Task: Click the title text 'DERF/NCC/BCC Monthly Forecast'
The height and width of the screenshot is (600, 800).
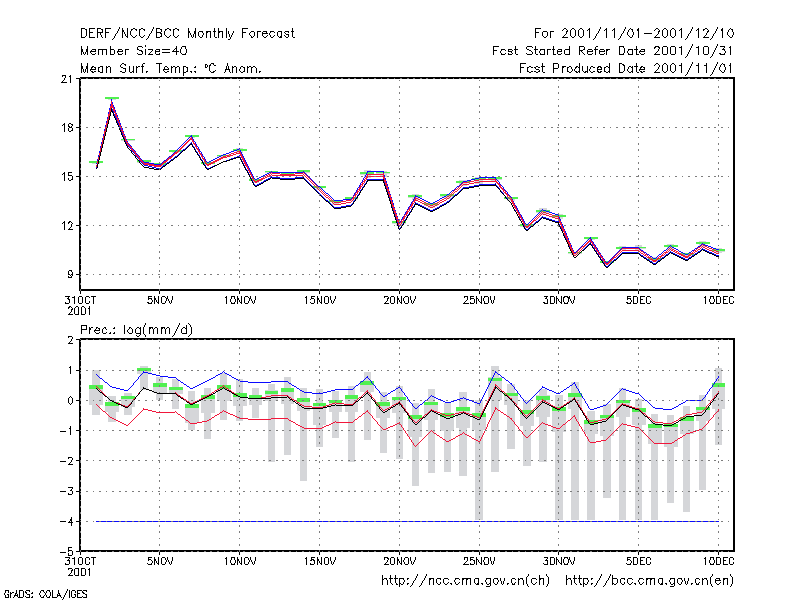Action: click(187, 34)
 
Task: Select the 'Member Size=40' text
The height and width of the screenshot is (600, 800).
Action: click(134, 51)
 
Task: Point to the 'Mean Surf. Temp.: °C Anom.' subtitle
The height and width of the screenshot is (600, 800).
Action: click(170, 68)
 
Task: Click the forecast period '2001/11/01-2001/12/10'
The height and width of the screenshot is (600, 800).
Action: click(647, 34)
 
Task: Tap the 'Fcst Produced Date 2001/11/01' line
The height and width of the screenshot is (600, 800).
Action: click(626, 68)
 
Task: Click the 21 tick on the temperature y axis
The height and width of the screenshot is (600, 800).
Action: click(67, 79)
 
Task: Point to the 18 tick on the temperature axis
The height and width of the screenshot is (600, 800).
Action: click(67, 128)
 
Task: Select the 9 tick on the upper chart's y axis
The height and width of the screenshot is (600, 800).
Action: click(70, 274)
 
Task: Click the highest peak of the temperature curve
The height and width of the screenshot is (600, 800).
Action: click(112, 103)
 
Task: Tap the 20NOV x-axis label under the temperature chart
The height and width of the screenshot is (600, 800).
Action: click(399, 301)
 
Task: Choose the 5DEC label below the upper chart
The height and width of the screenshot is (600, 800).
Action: click(638, 301)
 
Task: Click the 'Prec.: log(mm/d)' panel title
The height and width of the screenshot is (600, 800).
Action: click(136, 330)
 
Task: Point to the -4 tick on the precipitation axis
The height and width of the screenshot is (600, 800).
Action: click(67, 521)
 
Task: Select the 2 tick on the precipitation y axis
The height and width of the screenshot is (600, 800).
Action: click(70, 341)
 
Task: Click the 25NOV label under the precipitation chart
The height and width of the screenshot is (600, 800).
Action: click(479, 561)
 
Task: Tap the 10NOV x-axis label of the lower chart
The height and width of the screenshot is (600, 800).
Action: click(240, 561)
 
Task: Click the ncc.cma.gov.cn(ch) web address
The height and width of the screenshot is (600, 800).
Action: click(465, 581)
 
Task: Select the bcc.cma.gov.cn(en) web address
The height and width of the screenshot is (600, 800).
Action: click(649, 581)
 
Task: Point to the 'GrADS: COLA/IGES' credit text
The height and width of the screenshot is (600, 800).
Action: click(45, 594)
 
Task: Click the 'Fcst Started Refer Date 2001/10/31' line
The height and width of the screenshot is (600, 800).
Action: click(613, 51)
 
